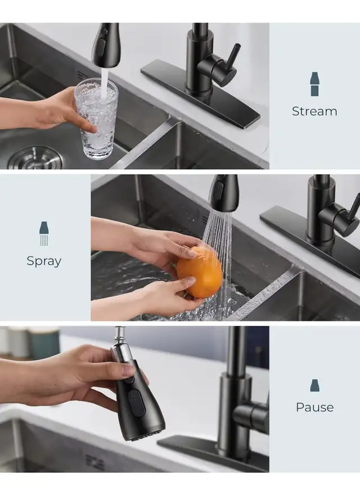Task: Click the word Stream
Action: [314, 111]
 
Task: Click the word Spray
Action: [44, 261]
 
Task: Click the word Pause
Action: [314, 407]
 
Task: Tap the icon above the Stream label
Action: [314, 84]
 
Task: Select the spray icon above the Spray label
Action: [44, 234]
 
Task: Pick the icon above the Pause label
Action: [314, 386]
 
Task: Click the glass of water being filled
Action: [96, 119]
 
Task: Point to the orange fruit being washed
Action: [200, 272]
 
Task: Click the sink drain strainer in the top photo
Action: [35, 158]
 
